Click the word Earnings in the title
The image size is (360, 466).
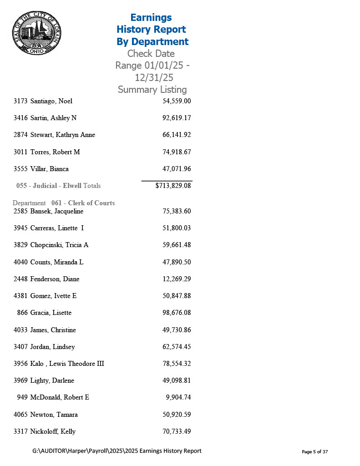[151, 18]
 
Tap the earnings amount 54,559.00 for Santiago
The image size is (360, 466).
[177, 101]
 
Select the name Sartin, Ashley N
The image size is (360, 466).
[53, 118]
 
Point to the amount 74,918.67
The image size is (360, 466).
[177, 152]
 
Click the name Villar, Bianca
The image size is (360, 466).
[49, 169]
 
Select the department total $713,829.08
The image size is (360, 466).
[173, 186]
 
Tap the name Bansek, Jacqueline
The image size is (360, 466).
[56, 211]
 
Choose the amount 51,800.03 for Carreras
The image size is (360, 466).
[177, 228]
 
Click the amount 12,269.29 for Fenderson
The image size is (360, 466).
[177, 279]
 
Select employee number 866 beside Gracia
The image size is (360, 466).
[22, 313]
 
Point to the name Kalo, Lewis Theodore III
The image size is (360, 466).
[67, 364]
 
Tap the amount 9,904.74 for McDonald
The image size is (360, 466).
[178, 397]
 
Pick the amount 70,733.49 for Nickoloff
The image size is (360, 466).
[177, 431]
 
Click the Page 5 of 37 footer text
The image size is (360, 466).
[315, 452]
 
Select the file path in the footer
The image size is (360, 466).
[117, 451]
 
